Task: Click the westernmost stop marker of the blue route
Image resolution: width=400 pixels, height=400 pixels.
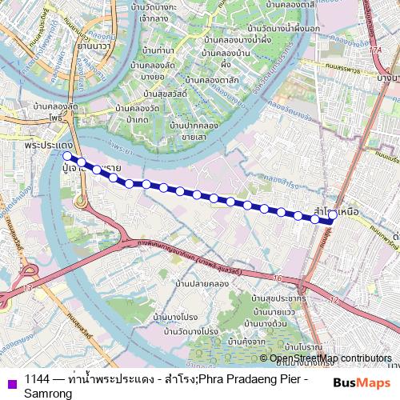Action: [x=67, y=156]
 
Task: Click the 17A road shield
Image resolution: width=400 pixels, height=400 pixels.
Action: [x=376, y=50]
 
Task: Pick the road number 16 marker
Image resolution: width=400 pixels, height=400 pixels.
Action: [x=277, y=277]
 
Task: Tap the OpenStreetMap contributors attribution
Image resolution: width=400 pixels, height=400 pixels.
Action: [x=330, y=358]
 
